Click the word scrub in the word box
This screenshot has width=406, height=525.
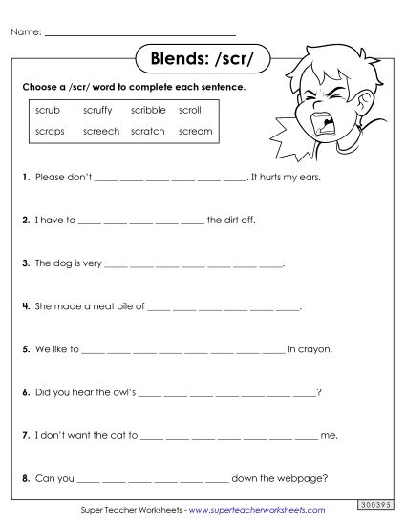(x=48, y=111)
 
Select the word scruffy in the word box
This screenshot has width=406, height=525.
(x=98, y=111)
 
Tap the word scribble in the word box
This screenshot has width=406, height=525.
(x=148, y=111)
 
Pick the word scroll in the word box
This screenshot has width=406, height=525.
(x=190, y=111)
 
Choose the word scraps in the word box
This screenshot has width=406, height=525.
(x=50, y=131)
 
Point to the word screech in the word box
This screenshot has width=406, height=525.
(x=101, y=131)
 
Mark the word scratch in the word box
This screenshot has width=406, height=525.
(x=148, y=131)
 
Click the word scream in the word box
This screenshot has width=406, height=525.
(x=195, y=131)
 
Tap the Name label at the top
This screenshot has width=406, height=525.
(x=26, y=32)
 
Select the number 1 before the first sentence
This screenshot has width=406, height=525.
(x=25, y=178)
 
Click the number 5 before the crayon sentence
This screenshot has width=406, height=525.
(x=25, y=349)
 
